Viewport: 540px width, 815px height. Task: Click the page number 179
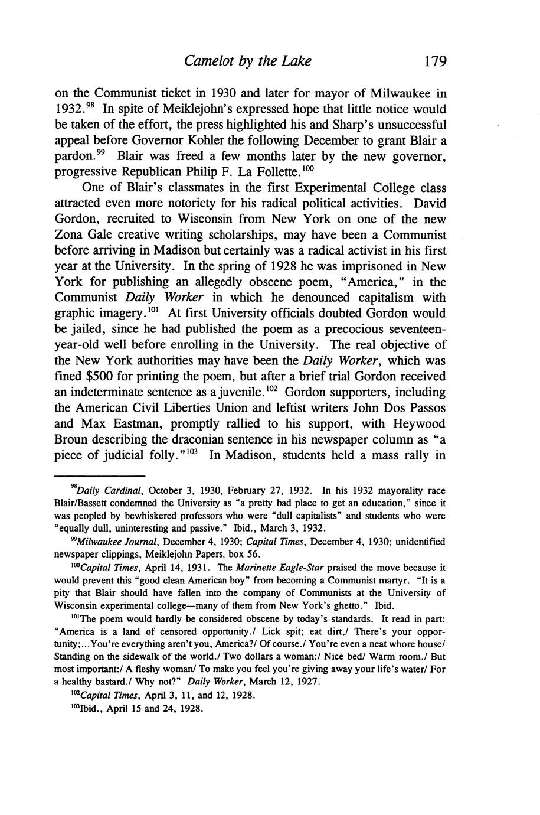click(431, 61)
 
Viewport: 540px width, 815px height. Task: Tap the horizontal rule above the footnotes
click(100, 476)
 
